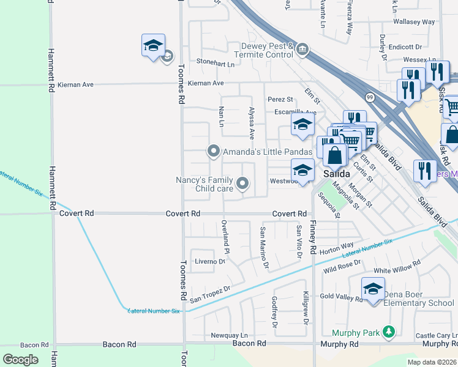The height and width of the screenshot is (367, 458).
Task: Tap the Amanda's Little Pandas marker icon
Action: tap(214, 150)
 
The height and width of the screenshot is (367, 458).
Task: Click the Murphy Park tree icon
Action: tap(388, 332)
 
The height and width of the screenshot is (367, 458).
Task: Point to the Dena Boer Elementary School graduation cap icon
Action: tap(373, 289)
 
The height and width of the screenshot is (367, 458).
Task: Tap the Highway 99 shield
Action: tap(370, 97)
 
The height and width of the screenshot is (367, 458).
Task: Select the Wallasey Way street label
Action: tap(415, 22)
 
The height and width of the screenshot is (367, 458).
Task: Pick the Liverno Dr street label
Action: tap(210, 261)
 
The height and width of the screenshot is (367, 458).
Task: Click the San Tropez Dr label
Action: tap(209, 293)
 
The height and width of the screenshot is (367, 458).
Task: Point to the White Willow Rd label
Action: tap(397, 267)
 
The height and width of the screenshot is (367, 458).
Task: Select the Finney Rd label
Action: tap(313, 238)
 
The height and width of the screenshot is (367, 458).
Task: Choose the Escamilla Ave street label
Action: tap(295, 112)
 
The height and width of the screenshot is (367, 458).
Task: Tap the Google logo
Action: tap(20, 359)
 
